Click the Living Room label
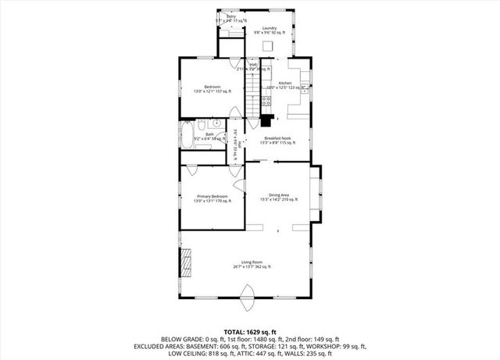point(251,262)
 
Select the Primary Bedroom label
point(212,195)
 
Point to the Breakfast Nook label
point(277,137)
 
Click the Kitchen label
point(285,82)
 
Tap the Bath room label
point(209,134)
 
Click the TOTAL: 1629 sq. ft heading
point(250,332)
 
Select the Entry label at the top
point(231,16)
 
